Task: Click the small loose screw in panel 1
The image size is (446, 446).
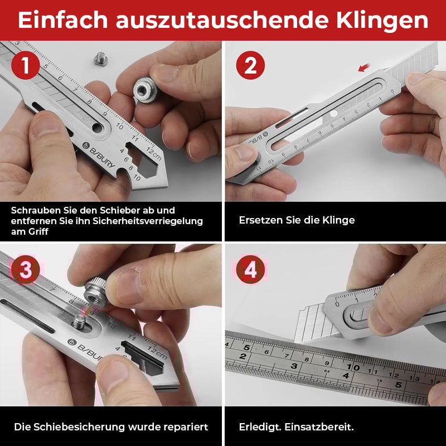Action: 101,58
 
